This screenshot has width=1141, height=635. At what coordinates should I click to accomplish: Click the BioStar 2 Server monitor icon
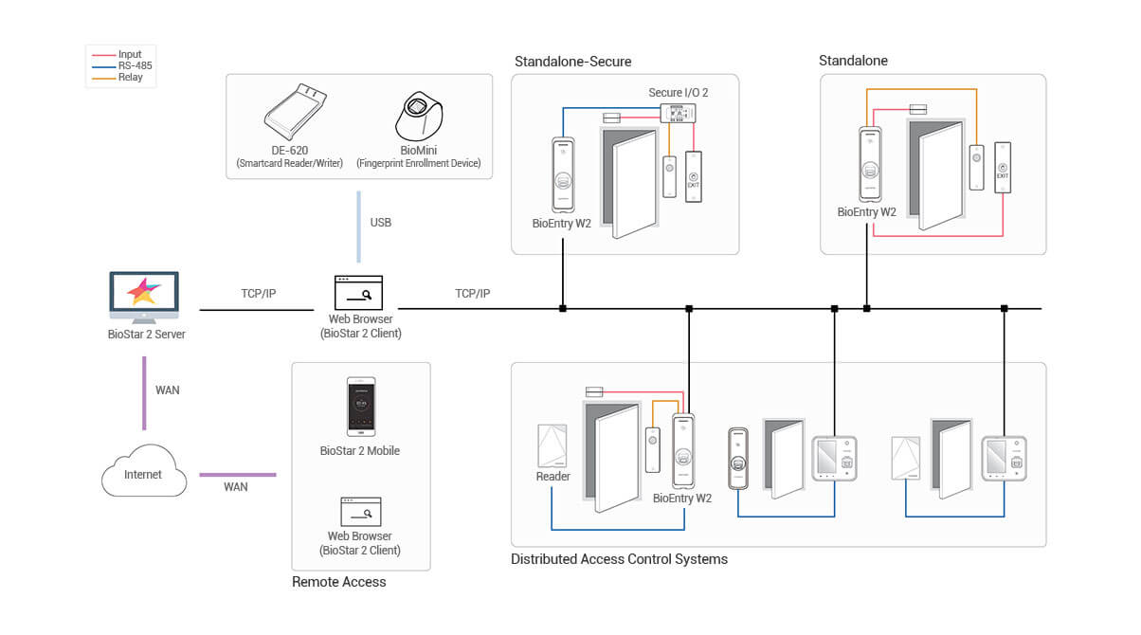pos(144,298)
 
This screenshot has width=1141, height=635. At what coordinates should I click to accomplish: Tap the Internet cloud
pos(144,471)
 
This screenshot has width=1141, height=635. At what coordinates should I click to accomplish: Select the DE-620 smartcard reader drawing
pos(296,112)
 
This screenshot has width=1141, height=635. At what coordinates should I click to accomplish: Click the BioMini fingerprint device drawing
pos(419,117)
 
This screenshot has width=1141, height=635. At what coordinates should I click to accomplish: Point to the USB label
pos(381,223)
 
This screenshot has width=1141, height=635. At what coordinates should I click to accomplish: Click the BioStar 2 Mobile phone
pos(361,407)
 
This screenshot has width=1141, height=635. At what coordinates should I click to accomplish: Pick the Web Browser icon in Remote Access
pos(361,512)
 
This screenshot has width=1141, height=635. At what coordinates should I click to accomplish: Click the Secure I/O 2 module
pos(678,113)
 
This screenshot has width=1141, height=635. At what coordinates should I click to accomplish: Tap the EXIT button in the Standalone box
pos(1003,168)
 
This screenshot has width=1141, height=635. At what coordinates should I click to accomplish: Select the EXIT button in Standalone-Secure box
pos(694,176)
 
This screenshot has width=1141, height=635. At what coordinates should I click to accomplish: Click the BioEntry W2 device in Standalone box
pos(870,165)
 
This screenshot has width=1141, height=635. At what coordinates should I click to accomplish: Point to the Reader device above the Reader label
pos(552,445)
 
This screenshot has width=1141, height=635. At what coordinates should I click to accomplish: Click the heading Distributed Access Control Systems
pos(619,559)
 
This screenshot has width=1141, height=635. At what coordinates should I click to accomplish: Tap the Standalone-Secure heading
pos(572,62)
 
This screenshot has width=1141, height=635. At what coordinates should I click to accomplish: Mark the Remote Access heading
pos(338,582)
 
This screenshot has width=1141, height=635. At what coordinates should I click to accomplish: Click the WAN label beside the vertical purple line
pos(167,390)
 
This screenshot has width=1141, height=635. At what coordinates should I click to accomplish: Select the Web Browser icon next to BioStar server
pos(358,292)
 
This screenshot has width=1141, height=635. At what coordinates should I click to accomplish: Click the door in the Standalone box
pos(936,174)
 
